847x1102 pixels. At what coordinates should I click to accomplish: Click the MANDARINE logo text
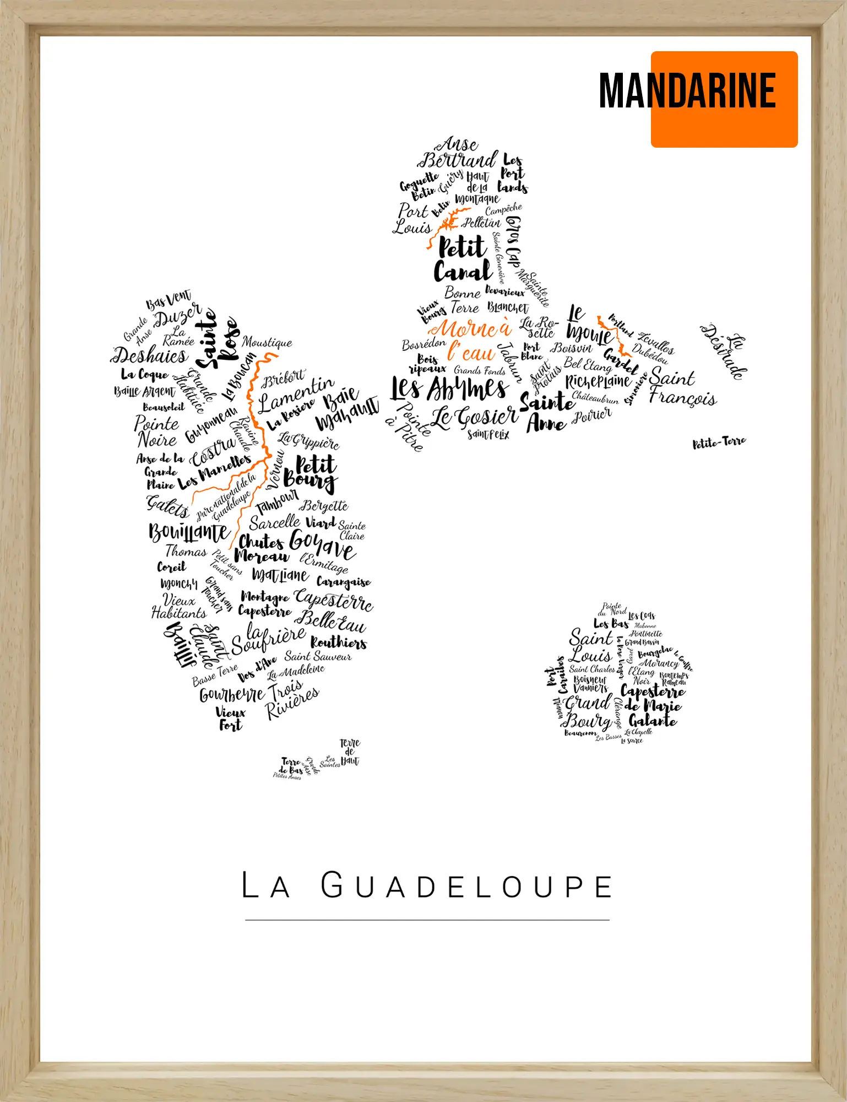687,91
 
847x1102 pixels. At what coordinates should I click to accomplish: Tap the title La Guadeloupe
427,885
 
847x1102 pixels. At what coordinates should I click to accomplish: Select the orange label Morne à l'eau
471,340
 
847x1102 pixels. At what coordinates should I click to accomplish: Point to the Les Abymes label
449,388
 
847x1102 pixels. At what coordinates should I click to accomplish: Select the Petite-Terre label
719,442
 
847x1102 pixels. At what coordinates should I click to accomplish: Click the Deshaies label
150,355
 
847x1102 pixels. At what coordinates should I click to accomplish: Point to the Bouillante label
188,532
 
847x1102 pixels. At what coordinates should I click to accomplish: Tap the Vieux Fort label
230,719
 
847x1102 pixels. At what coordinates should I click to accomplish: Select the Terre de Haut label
350,752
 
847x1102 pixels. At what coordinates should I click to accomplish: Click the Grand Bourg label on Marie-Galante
588,711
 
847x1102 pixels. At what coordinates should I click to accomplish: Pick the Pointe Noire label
157,431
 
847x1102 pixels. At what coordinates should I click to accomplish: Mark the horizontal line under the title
427,920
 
